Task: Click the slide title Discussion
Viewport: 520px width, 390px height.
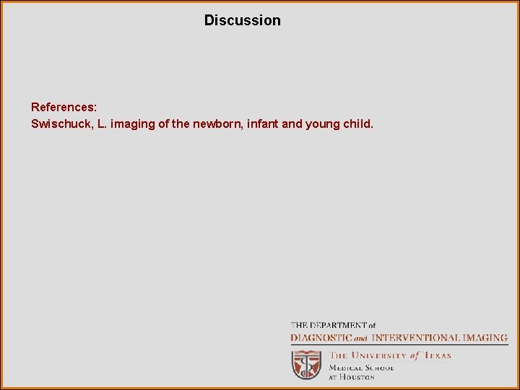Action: (x=242, y=20)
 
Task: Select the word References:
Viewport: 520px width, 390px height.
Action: (x=64, y=107)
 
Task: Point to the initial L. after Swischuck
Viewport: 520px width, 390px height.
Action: (x=102, y=124)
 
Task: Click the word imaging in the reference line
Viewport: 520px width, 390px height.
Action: (x=132, y=124)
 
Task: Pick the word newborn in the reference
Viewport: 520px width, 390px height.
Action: (x=215, y=124)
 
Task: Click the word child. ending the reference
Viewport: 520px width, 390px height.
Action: (x=358, y=124)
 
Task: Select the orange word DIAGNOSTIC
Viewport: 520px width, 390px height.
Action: (x=321, y=337)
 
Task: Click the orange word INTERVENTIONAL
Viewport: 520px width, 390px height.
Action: (x=414, y=337)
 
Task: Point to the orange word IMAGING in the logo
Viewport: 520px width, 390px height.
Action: (x=484, y=337)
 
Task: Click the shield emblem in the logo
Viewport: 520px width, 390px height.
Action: (x=306, y=365)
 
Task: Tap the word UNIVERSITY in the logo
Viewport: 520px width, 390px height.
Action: (x=379, y=355)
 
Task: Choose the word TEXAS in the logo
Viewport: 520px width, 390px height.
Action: (x=437, y=355)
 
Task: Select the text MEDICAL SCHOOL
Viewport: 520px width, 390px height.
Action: (x=361, y=367)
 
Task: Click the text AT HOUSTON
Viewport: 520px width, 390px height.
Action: (x=352, y=377)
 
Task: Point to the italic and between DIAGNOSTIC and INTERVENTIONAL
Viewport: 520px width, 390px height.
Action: (x=360, y=338)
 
